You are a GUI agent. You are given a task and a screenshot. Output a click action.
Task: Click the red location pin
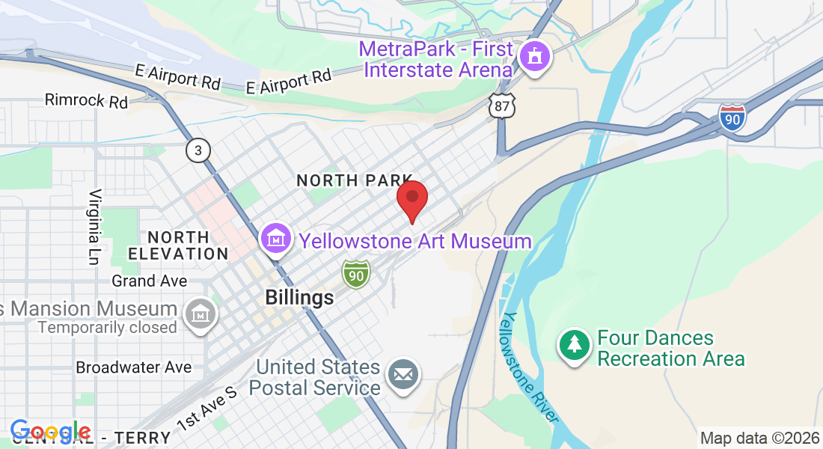tap(411, 199)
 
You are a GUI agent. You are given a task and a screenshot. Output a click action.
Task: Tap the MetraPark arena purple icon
tap(535, 57)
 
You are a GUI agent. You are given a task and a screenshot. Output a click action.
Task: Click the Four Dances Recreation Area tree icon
tap(574, 345)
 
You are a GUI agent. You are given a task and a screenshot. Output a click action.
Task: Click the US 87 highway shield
tap(502, 106)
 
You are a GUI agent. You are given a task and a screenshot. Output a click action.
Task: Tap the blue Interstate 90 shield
tap(732, 117)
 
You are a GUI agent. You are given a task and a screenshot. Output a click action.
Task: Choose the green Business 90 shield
tap(356, 275)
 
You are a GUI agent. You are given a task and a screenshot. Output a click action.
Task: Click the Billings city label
tap(299, 298)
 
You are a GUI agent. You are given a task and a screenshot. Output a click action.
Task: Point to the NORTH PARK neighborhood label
tap(355, 180)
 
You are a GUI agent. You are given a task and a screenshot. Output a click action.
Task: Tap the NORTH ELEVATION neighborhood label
tap(178, 245)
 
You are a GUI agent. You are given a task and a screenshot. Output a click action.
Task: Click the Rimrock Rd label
tap(86, 100)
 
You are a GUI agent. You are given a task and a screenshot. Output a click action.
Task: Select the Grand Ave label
tap(149, 281)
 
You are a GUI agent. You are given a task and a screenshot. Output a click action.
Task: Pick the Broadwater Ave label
tap(134, 367)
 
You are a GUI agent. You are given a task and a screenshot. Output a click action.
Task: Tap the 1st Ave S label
tap(206, 408)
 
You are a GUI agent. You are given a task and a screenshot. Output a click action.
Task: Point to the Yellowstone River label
tap(530, 367)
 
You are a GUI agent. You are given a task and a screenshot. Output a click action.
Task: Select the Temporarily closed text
tap(107, 328)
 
